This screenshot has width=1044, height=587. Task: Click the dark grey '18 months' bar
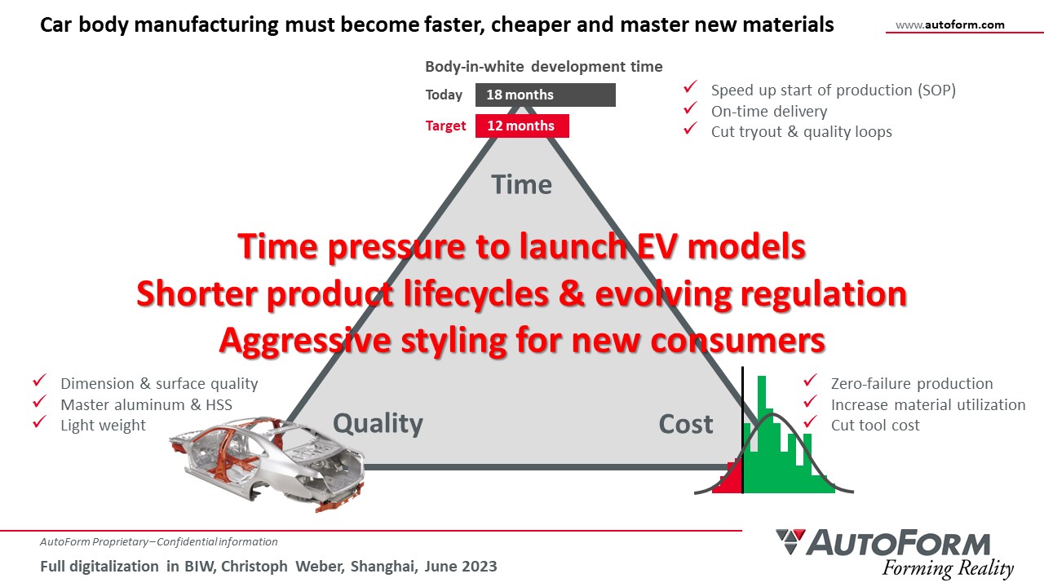click(x=546, y=95)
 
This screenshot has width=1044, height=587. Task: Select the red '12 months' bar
click(x=522, y=126)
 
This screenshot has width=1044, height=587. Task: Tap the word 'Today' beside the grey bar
click(x=444, y=95)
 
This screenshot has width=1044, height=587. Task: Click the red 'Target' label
click(x=445, y=126)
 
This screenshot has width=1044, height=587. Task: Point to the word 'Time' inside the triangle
click(x=521, y=184)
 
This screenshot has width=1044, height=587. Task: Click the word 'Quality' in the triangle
click(x=378, y=424)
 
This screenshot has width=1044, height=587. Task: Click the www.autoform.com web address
click(x=950, y=24)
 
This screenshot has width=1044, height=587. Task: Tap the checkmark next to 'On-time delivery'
click(x=690, y=108)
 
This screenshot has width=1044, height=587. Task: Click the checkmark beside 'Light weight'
click(x=40, y=422)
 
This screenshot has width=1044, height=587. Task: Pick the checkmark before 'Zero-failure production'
click(x=811, y=380)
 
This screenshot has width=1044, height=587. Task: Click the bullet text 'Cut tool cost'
click(x=875, y=426)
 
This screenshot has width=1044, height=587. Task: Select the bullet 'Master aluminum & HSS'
click(x=146, y=405)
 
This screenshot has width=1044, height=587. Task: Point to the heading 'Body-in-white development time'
click(x=544, y=67)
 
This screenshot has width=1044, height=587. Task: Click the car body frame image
click(x=267, y=464)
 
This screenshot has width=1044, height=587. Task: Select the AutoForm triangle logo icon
click(x=790, y=541)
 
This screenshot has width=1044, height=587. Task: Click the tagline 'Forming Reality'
click(x=948, y=568)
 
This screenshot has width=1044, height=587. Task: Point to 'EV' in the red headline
click(x=657, y=246)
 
